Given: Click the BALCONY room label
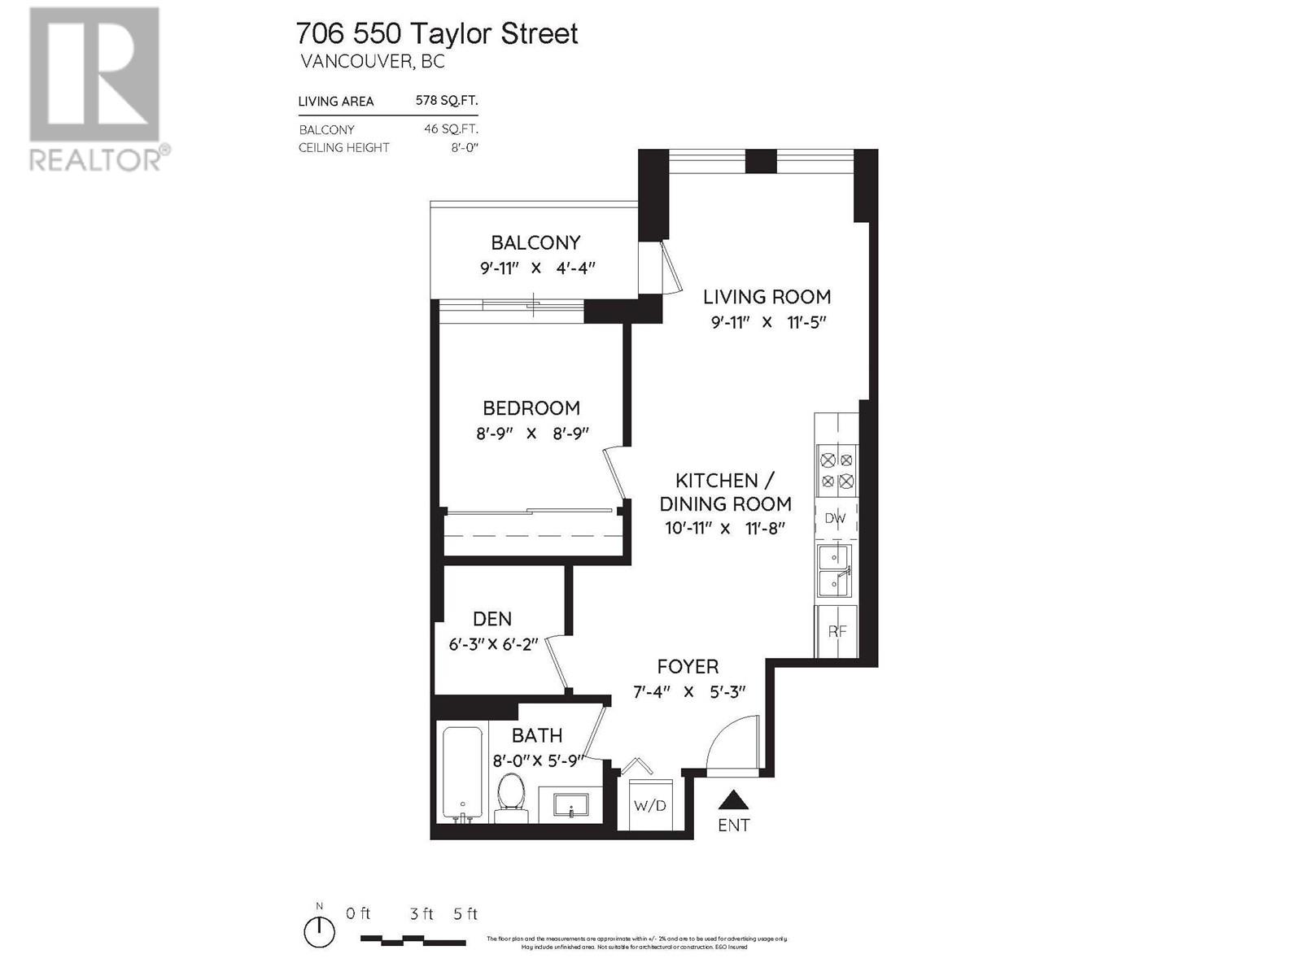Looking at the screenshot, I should point(535,242).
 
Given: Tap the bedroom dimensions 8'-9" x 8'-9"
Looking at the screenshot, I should point(531,434).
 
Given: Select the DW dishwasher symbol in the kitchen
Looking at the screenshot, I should point(836,518).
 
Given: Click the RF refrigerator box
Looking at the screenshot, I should point(837,631).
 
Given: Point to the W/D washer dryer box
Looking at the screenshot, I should point(650,805).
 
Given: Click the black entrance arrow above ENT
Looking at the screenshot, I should point(733,800).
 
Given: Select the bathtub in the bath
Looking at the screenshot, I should point(461,773).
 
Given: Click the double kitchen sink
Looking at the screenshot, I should point(835,570).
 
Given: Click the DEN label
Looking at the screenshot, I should point(492,619).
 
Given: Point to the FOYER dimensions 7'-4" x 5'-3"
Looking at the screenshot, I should point(688,692).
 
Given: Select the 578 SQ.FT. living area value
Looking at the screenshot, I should point(446,101).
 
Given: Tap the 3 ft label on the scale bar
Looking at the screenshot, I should point(421,913).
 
